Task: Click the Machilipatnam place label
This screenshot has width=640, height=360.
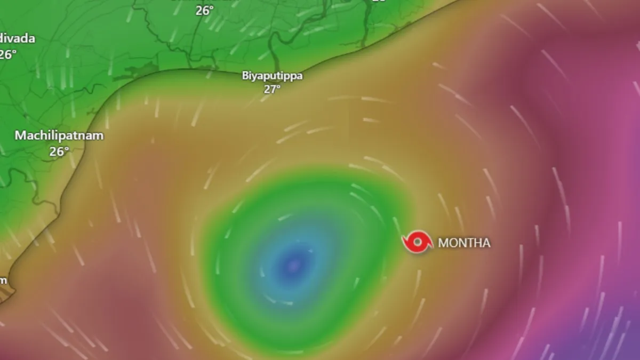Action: coord(59,135)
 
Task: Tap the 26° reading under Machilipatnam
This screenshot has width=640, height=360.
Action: coord(59,151)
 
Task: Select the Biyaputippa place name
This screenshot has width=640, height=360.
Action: coord(272,76)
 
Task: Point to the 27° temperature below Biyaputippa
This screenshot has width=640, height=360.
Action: coord(271,89)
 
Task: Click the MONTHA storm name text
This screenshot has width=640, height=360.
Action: coord(463,243)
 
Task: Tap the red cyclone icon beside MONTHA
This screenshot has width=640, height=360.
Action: coord(417,242)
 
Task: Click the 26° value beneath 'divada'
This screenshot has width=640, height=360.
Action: coord(7,54)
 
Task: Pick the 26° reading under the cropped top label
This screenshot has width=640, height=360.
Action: coord(204,10)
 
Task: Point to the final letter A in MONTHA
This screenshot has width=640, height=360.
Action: coord(486,243)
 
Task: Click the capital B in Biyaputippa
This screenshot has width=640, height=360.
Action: coord(245,76)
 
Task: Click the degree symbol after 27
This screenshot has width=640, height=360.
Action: coord(279,87)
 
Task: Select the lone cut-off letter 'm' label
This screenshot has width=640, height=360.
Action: coord(3,281)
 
